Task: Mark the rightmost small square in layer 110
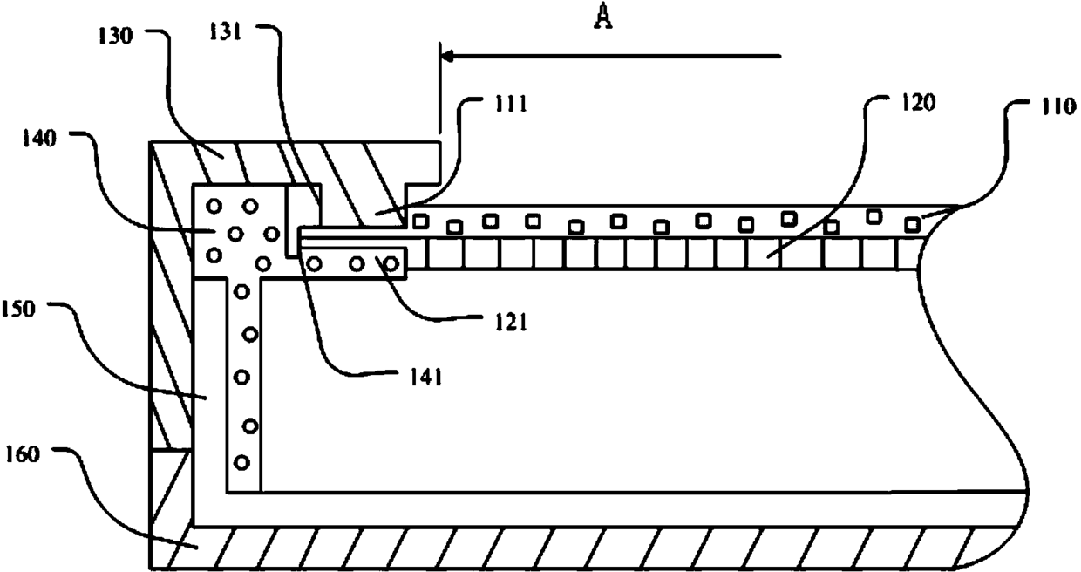911,225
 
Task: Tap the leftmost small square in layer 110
420,221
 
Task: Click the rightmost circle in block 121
393,262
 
